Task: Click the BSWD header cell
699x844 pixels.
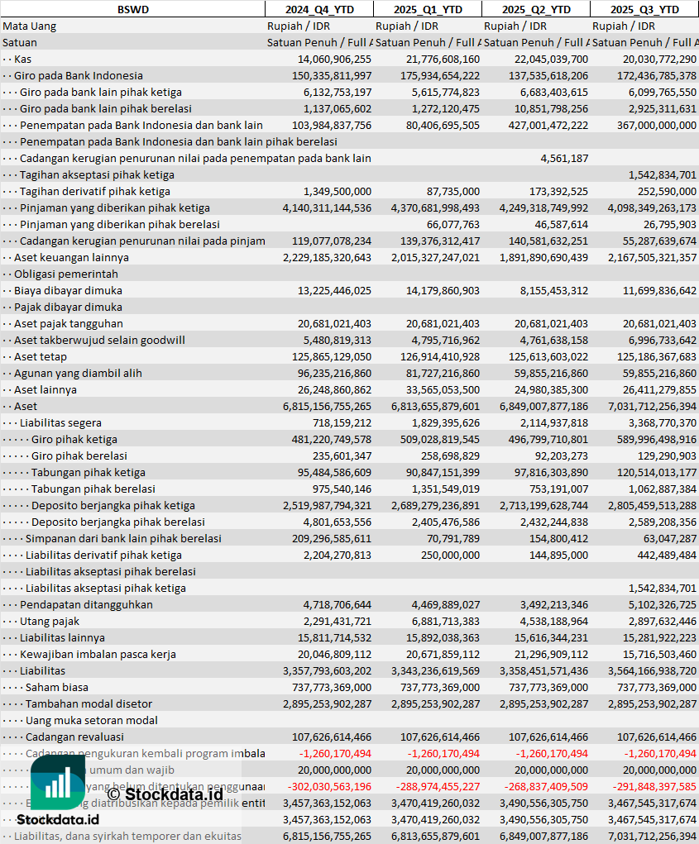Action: (132, 9)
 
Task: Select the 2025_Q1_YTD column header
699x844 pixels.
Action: (427, 9)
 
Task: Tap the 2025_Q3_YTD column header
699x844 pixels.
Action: (644, 9)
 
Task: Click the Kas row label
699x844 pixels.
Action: (23, 59)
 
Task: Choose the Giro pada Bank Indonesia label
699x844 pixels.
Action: (78, 75)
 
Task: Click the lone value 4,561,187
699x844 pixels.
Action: (564, 158)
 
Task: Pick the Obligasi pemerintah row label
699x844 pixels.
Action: (66, 274)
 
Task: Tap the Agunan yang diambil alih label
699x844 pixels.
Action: (78, 373)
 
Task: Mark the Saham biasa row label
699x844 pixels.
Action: (56, 687)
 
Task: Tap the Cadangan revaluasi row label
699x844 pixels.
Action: (74, 737)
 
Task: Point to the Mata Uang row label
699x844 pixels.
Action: (30, 26)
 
